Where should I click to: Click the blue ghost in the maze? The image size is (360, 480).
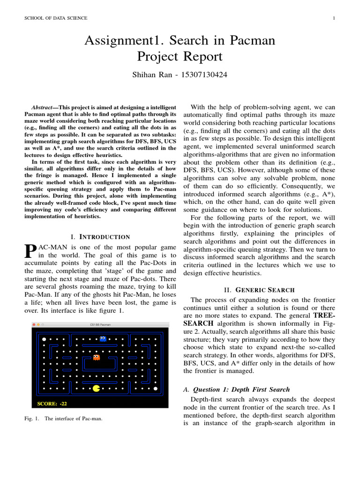coord(103,338)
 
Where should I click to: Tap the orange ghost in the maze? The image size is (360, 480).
coord(96,358)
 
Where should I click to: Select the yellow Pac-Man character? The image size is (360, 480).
coord(97,388)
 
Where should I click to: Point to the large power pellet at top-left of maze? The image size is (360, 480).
coord(44,338)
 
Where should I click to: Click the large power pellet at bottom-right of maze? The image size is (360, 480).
coord(156,389)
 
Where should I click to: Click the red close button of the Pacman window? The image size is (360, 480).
coord(34,324)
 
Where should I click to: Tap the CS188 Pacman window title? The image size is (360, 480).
coord(100,324)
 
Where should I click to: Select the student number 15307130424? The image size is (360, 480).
coord(205,75)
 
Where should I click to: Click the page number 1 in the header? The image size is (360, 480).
coord(333,18)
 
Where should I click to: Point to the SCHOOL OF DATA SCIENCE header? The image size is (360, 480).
coord(56,18)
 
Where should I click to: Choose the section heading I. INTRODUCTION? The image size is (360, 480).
coord(100,237)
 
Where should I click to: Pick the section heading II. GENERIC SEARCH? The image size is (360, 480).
coord(259,290)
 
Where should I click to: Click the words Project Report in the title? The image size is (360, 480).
coord(180,57)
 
